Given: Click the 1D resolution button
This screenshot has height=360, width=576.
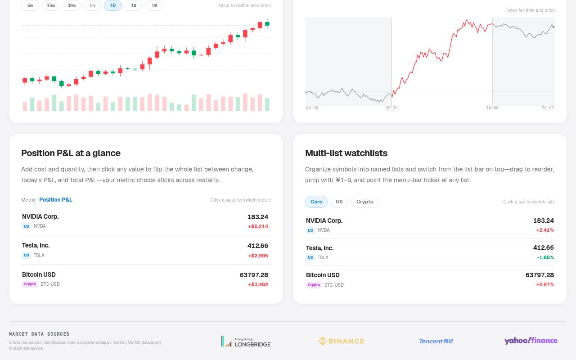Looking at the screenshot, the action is pos(113,5).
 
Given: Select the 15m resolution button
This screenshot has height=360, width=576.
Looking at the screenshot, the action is pos(51,5).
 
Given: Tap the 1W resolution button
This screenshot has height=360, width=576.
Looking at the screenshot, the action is pos(134,5).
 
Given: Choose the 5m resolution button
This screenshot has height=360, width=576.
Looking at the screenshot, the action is pos(30,5).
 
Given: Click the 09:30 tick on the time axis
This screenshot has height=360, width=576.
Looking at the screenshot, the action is pos(391,108).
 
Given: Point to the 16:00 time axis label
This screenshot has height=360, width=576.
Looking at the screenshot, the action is pos(492,108).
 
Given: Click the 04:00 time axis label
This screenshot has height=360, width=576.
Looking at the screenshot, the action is pos(312,108).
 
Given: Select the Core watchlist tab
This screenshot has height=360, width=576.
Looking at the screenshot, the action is pos(316,202).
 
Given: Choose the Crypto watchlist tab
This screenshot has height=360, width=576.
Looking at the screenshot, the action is pos(364,202).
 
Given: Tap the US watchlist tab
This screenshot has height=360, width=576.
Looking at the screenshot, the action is pos(339,202).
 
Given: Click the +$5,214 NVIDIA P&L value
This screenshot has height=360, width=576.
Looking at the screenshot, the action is pos(258,226).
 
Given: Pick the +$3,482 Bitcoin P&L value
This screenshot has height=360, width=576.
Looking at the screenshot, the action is pos(258,285).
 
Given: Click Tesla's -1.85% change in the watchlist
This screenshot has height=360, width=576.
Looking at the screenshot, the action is pos(545,257).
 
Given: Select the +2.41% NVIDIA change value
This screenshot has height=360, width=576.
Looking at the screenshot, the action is pos(545,230).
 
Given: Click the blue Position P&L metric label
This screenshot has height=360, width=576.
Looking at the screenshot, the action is pos(56,200).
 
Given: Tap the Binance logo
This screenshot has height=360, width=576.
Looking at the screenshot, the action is pos(341,341).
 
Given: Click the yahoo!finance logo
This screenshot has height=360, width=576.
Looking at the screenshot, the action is pos(531,341).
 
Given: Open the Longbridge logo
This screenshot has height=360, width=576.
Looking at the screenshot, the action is pos(246,342).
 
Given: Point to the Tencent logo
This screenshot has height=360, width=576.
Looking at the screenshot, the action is pos(436,341).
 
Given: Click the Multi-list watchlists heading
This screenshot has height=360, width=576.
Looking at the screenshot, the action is pos(346,153).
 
